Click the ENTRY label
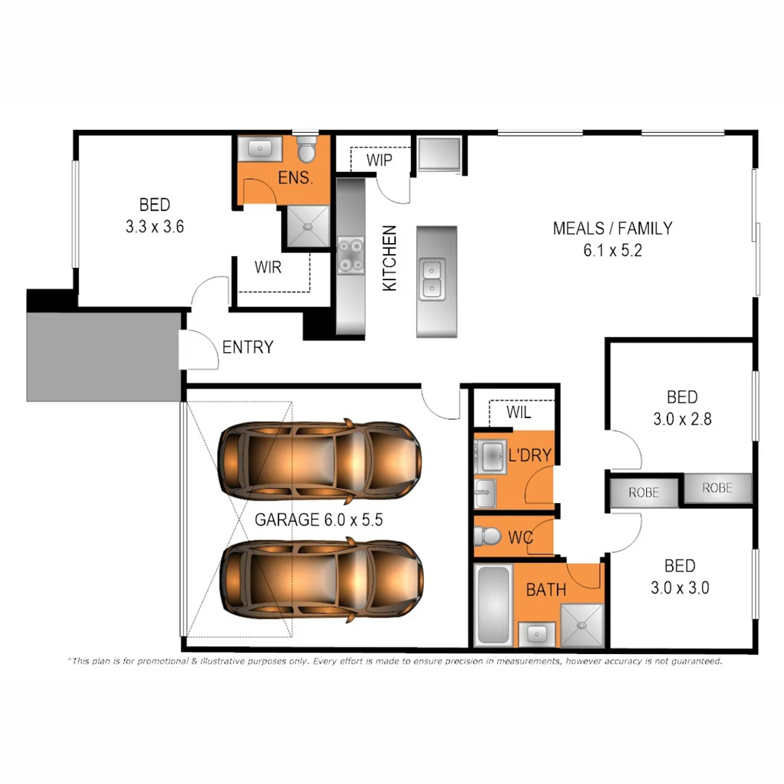point(248,347)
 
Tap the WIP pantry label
point(380,160)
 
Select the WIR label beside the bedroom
point(268,266)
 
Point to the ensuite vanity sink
point(259,150)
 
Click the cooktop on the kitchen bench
point(351,255)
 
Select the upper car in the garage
point(319,460)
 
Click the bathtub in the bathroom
point(493,605)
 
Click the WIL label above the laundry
point(518,413)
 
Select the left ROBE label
point(644,492)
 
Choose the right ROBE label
point(716,489)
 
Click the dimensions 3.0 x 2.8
point(682,420)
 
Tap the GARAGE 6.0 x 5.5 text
point(318,520)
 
